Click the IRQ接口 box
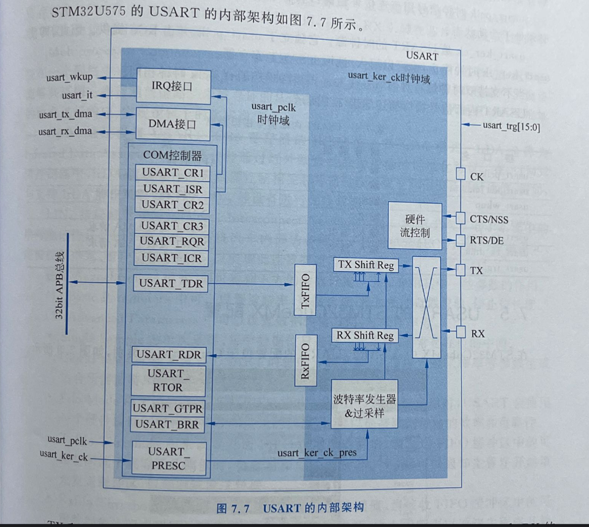pos(173,86)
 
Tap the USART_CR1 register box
pos(172,172)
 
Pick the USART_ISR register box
pos(172,189)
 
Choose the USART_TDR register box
pos(171,283)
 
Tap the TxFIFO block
pos(305,292)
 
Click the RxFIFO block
pos(306,361)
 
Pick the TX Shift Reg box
pos(364,265)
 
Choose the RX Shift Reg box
pos(364,335)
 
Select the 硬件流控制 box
pos(415,225)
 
